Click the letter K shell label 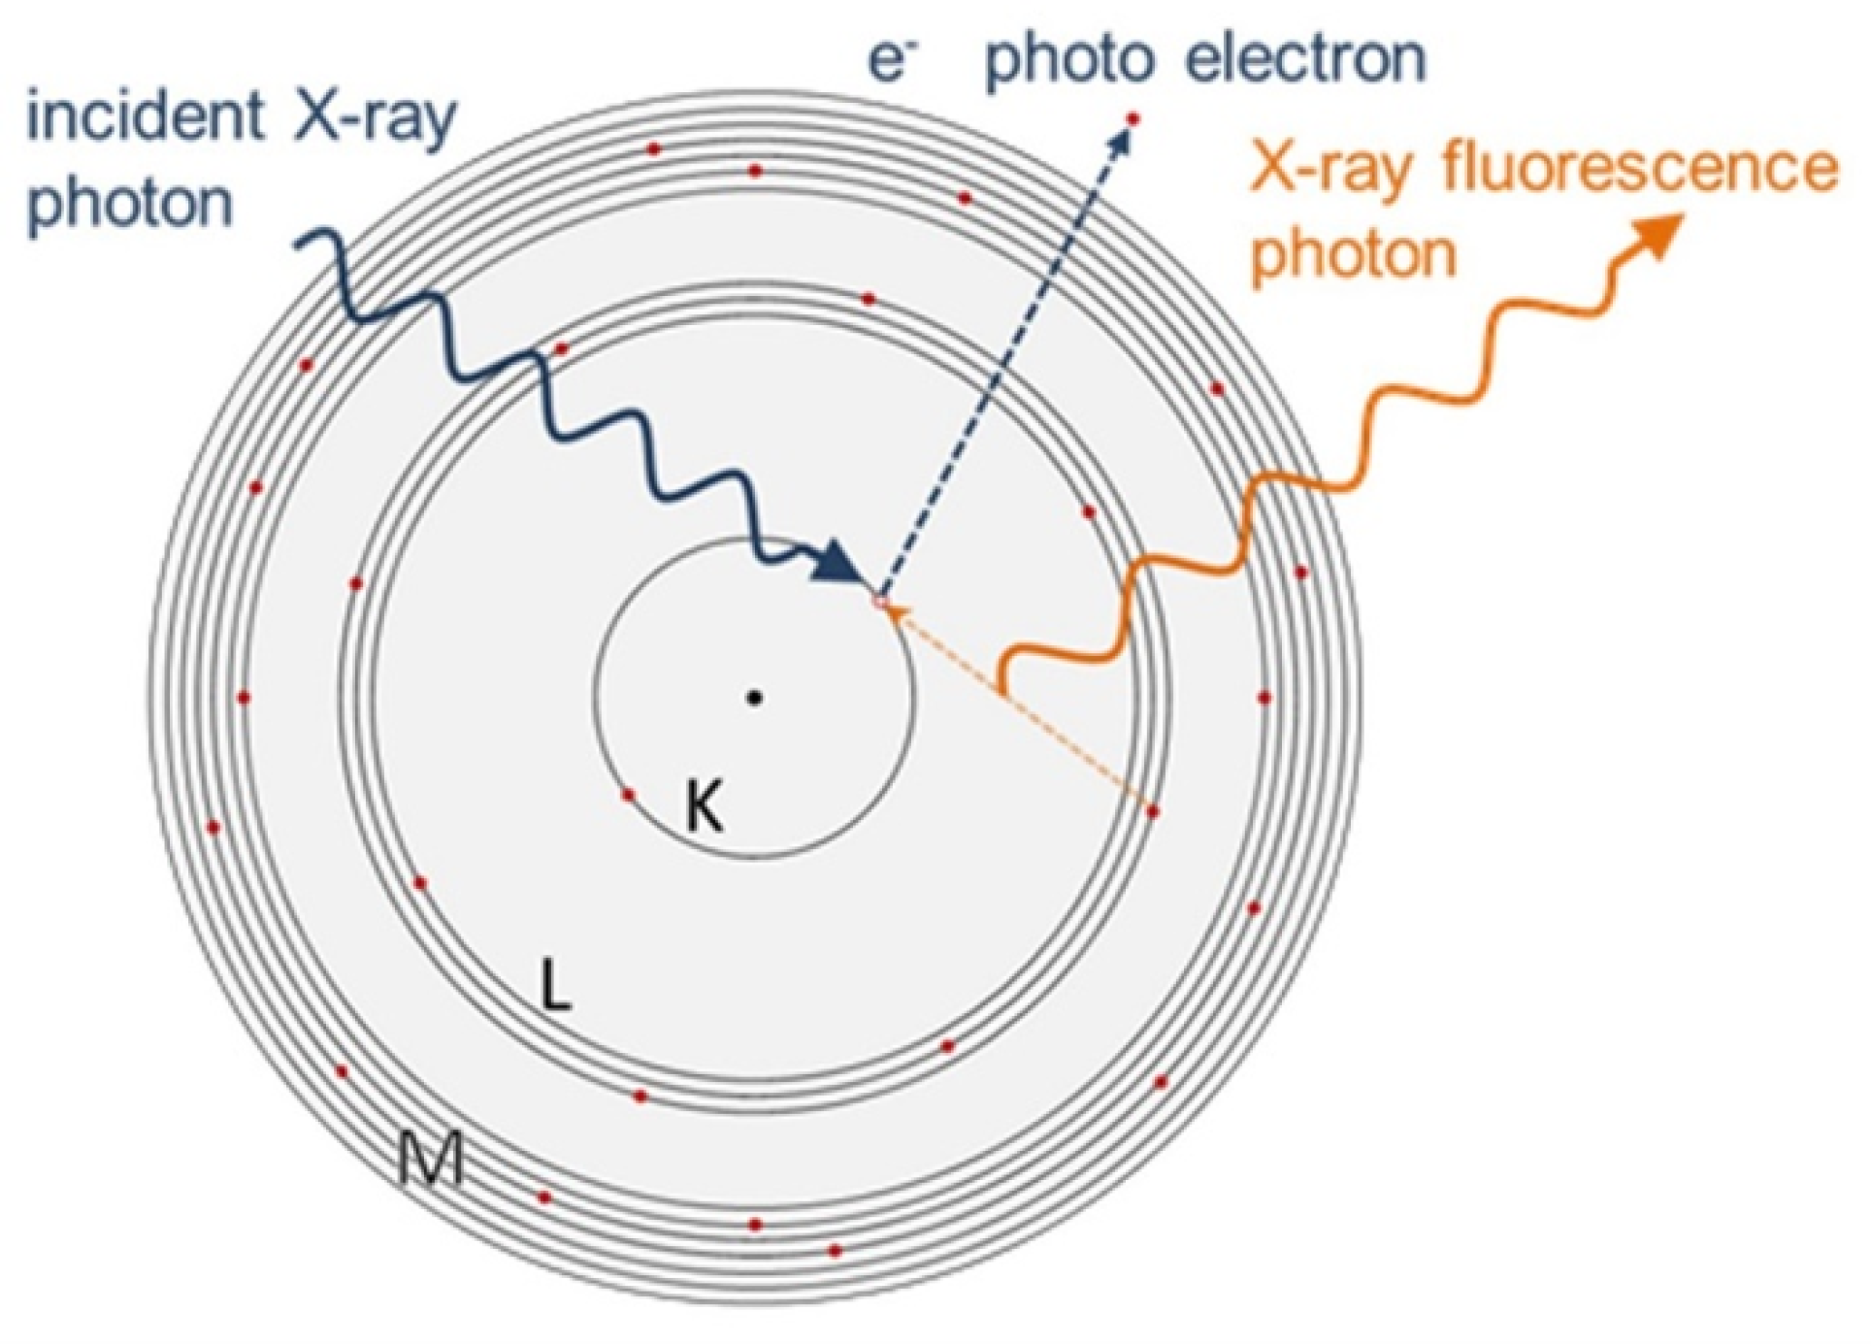pyautogui.click(x=704, y=807)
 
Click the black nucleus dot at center pyautogui.click(x=754, y=697)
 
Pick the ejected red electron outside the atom pyautogui.click(x=1132, y=118)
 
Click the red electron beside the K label pyautogui.click(x=628, y=795)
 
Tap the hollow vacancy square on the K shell pyautogui.click(x=880, y=603)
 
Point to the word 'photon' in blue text pyautogui.click(x=132, y=204)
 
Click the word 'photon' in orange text pyautogui.click(x=1355, y=254)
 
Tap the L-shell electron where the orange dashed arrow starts pyautogui.click(x=1153, y=811)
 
